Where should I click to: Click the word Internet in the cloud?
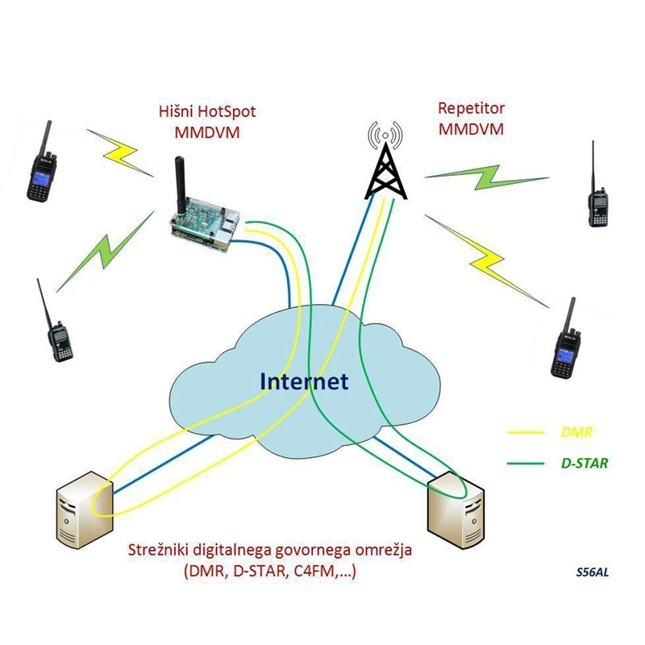304,381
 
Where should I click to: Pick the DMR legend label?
576,433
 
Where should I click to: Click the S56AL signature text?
593,573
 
